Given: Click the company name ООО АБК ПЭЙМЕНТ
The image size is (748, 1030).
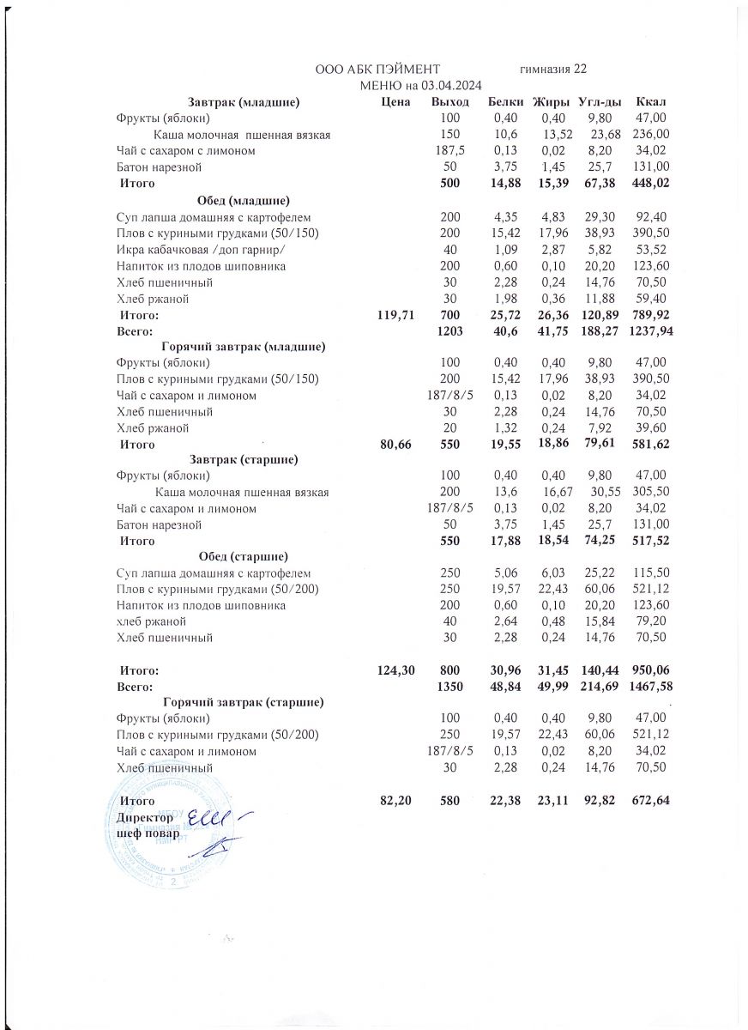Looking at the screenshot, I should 377,69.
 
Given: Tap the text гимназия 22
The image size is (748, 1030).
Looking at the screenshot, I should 553,69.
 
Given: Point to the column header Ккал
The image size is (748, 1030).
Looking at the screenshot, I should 647,102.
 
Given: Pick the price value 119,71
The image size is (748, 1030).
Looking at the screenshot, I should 395,316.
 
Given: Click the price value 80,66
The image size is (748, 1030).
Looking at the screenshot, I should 395,445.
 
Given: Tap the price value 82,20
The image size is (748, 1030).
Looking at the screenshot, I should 395,800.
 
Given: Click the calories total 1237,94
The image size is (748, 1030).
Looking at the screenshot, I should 649,331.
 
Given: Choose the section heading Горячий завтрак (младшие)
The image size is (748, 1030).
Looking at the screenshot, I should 243,347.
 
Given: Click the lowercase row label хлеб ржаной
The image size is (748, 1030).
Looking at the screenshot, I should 151,621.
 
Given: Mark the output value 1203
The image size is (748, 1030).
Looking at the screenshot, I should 449,331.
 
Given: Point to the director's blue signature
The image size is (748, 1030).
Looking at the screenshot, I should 214,819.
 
